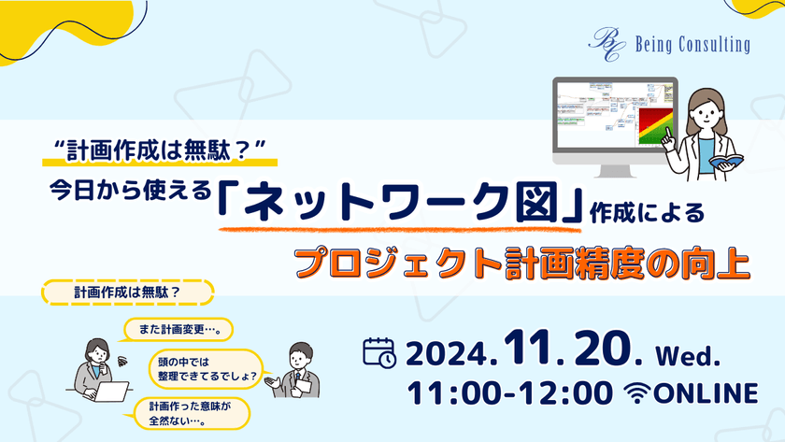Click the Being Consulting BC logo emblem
point(605,43)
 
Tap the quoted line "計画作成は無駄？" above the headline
point(162,149)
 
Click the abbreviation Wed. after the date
point(692,355)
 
